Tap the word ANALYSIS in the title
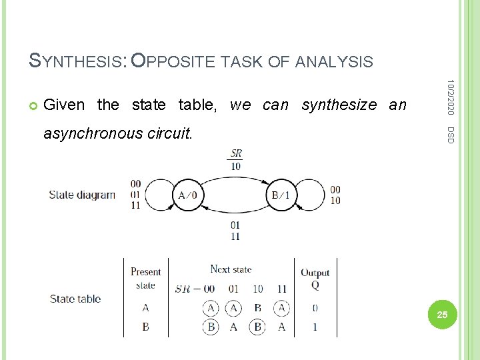(333, 62)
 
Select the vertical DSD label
(451, 133)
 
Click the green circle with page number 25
(440, 314)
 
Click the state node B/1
(280, 195)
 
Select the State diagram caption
(82, 195)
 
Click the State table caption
(75, 299)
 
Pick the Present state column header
(145, 278)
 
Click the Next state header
(231, 269)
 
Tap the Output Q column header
(315, 278)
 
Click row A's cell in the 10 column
(258, 308)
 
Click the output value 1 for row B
(315, 327)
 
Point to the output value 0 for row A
(315, 308)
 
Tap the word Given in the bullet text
(64, 105)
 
